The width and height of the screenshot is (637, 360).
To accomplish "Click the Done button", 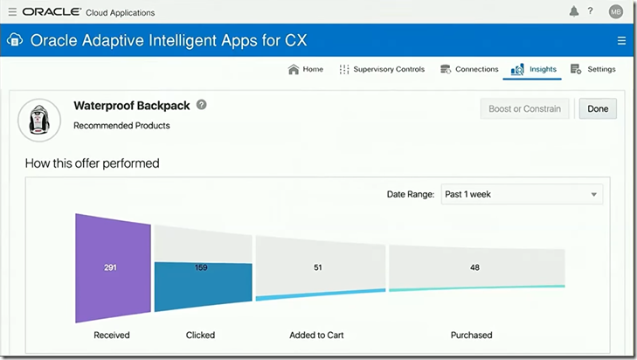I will coord(598,108).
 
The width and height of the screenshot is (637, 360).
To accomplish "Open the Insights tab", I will coord(534,69).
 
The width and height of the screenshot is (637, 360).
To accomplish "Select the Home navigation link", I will coord(306,69).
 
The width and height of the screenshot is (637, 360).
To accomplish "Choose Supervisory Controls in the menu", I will coord(382,69).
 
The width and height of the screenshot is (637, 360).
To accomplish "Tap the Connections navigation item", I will coord(469,69).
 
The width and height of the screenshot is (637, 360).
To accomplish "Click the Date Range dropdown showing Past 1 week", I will coord(521,194).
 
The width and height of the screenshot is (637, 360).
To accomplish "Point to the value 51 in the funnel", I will coord(317,267).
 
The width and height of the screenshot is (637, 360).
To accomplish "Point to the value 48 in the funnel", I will coord(474,267).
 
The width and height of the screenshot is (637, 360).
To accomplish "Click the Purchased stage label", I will coord(471,335).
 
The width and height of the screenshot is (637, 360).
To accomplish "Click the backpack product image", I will coord(39,120).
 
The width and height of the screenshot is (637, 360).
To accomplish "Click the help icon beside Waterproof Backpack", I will coord(202,105).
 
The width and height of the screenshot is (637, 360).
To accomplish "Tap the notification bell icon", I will coord(574,11).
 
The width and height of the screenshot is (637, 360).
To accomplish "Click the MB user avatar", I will coord(616,11).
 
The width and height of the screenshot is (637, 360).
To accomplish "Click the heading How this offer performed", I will coord(92,163).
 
